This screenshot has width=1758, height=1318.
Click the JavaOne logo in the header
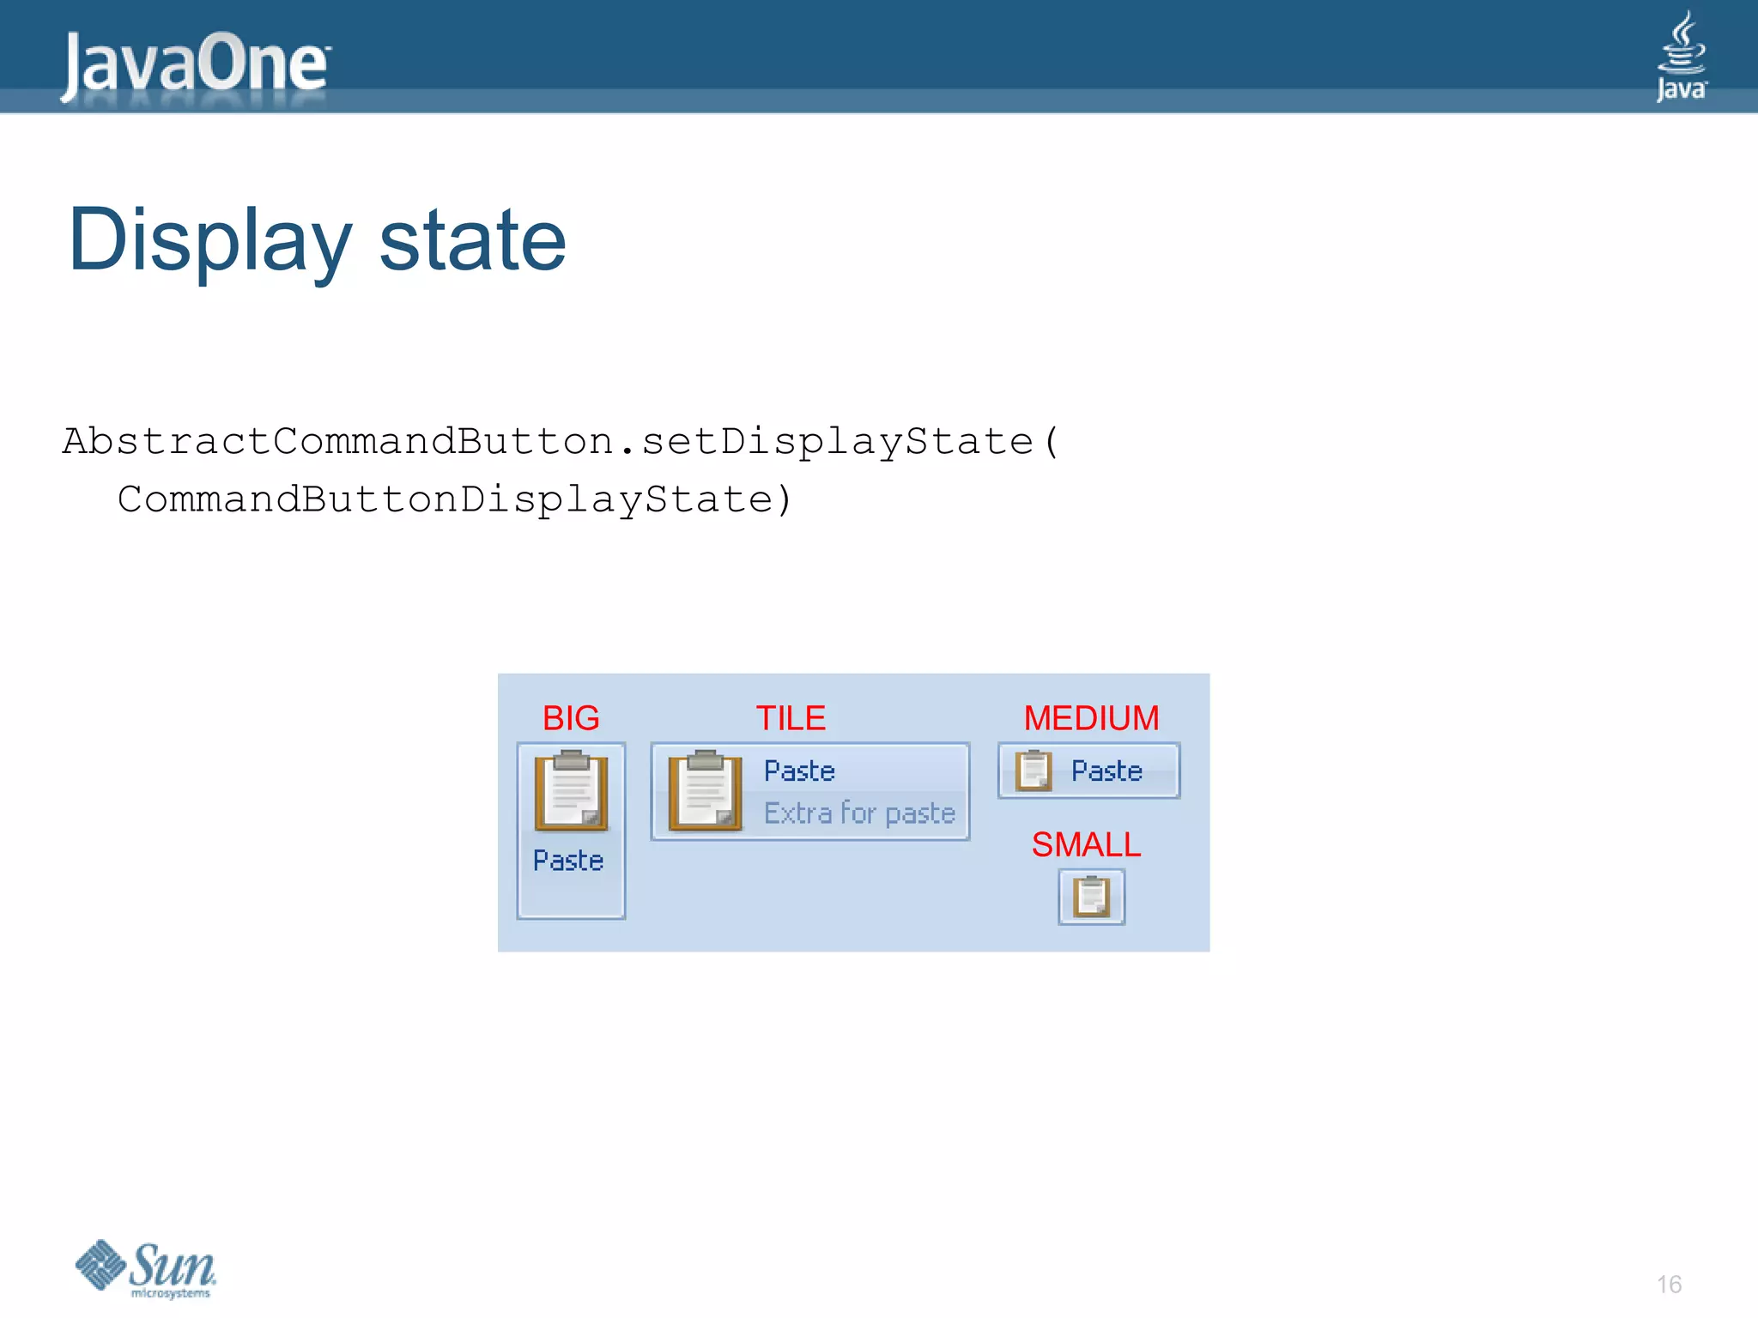(x=195, y=63)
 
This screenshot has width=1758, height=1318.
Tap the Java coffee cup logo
(x=1681, y=57)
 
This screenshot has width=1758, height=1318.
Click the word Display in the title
(x=209, y=241)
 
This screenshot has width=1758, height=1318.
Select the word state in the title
(x=472, y=241)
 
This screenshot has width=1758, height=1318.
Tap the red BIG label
(x=571, y=718)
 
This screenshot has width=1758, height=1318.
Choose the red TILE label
(x=791, y=718)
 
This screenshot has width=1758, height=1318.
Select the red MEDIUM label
(x=1091, y=718)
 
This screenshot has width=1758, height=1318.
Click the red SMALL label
(x=1086, y=845)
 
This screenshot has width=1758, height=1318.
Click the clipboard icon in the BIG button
(x=571, y=791)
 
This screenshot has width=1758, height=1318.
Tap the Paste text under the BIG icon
(x=568, y=861)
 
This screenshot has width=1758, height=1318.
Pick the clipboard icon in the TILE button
(x=705, y=791)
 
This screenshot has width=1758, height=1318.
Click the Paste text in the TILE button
(x=799, y=771)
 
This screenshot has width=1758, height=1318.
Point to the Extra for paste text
(x=859, y=813)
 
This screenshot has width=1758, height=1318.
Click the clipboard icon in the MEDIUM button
(x=1034, y=771)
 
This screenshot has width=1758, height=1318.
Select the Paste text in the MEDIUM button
(x=1106, y=771)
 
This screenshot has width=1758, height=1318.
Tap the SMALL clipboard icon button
(x=1091, y=898)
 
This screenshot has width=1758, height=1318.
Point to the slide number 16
(x=1669, y=1285)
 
